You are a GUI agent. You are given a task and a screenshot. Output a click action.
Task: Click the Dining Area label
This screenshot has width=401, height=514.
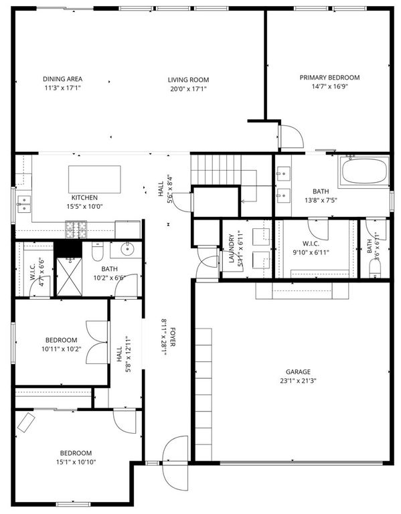pyautogui.click(x=63, y=79)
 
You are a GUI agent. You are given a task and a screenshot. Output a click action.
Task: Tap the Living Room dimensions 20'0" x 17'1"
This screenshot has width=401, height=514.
pyautogui.click(x=188, y=89)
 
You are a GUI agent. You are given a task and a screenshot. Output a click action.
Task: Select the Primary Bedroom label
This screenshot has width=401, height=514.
pyautogui.click(x=329, y=78)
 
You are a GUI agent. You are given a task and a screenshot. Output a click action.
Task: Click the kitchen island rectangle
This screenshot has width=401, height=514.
pyautogui.click(x=94, y=179)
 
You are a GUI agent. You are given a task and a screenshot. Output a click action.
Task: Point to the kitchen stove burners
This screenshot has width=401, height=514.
pyautogui.click(x=76, y=230)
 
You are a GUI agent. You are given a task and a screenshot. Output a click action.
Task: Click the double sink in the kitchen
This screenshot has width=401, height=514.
pyautogui.click(x=24, y=204)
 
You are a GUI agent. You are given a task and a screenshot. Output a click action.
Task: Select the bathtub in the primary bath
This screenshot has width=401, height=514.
pyautogui.click(x=365, y=171)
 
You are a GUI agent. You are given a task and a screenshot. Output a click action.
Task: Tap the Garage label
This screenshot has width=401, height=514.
pyautogui.click(x=298, y=371)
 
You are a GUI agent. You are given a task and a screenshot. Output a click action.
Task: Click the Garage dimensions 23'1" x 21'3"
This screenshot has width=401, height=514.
pyautogui.click(x=298, y=381)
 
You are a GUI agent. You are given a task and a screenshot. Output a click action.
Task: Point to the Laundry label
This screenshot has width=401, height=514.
pyautogui.click(x=232, y=248)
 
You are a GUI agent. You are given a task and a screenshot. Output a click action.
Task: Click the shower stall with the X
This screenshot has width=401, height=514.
pyautogui.click(x=69, y=276)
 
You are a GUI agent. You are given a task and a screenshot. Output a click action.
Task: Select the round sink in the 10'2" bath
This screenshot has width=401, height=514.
pyautogui.click(x=127, y=249)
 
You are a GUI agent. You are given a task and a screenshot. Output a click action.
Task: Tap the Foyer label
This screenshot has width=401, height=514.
pyautogui.click(x=173, y=337)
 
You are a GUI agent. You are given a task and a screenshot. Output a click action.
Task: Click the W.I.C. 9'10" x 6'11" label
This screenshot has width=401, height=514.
pyautogui.click(x=311, y=248)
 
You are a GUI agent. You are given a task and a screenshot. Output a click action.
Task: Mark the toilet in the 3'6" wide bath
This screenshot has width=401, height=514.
pyautogui.click(x=375, y=269)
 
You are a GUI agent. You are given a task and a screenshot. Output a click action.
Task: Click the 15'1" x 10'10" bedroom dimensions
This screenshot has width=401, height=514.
pyautogui.click(x=76, y=462)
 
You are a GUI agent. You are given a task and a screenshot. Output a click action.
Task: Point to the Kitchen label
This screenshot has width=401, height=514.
pyautogui.click(x=84, y=197)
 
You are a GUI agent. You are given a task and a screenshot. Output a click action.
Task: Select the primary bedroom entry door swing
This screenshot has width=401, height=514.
pyautogui.click(x=291, y=137)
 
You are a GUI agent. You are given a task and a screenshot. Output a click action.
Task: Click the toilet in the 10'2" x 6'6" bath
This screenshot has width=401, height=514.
pyautogui.click(x=97, y=251)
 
